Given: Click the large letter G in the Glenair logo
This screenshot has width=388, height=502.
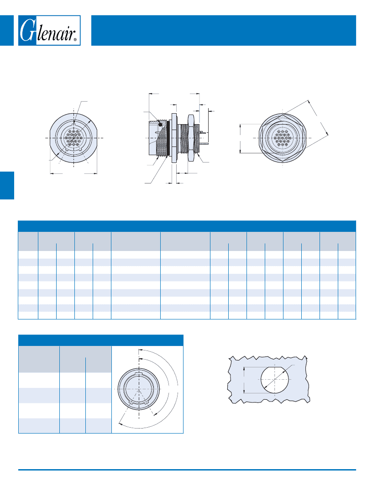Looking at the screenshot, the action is (27, 30).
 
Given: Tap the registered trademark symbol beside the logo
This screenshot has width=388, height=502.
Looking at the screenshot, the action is (75, 40).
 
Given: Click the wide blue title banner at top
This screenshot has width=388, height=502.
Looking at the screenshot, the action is (224, 31).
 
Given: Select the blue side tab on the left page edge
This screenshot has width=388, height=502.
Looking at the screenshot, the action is (7, 185).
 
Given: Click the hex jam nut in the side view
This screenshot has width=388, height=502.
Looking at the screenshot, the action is (191, 138).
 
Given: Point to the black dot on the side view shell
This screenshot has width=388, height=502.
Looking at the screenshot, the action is (160, 124).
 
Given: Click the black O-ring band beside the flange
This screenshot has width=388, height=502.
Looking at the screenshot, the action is (168, 138).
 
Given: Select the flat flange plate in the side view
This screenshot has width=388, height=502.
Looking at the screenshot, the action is (174, 138).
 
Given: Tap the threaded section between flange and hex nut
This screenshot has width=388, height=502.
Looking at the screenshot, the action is (183, 138).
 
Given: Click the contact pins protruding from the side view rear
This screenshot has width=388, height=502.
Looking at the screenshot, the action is (202, 132).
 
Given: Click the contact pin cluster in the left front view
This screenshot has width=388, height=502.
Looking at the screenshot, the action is (73, 138).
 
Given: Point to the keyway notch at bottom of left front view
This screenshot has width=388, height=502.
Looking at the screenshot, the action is (73, 150).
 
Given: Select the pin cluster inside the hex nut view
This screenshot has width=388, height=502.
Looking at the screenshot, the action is (283, 138).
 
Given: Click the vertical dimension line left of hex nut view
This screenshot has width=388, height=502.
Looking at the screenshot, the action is (240, 138).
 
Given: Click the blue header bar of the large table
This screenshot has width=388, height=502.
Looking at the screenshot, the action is (187, 226).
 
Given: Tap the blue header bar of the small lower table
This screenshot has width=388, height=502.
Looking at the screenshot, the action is (101, 340).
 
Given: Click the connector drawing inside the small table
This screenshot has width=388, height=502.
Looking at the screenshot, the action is (138, 389).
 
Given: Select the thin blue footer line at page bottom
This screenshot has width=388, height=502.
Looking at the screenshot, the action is (187, 470).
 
